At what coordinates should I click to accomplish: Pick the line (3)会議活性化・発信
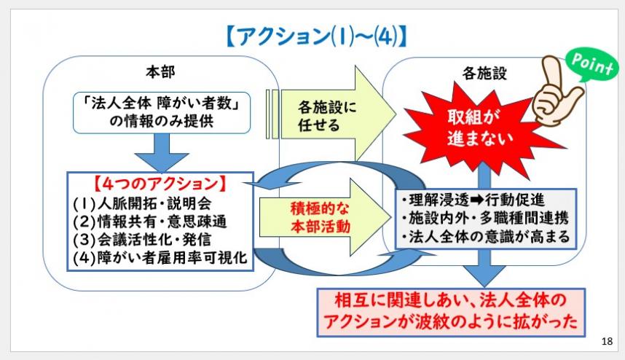tap(142, 239)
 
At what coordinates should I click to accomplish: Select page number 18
tap(608, 341)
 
